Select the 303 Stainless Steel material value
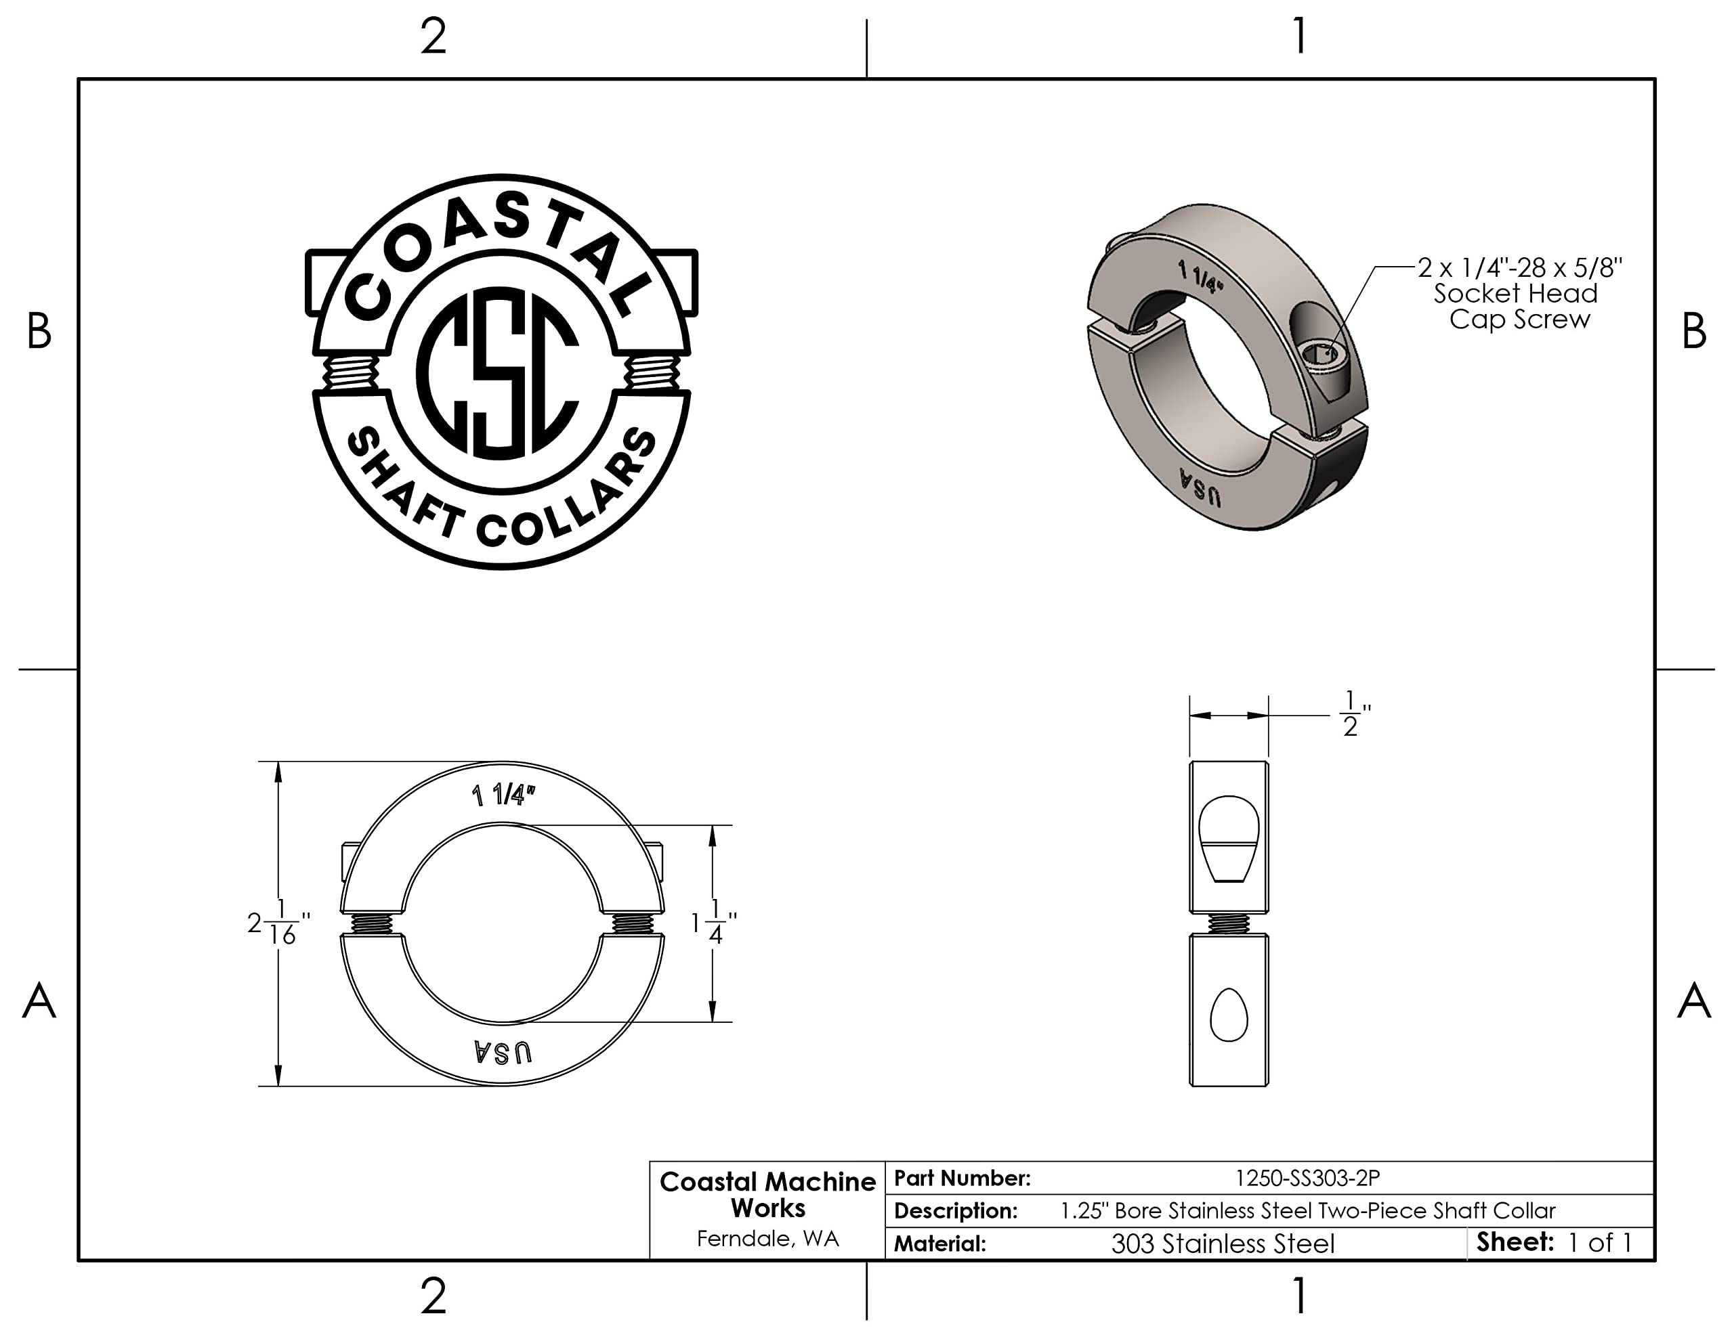pyautogui.click(x=1223, y=1243)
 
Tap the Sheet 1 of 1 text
pyautogui.click(x=1554, y=1242)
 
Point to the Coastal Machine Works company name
pyautogui.click(x=767, y=1195)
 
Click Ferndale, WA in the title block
pyautogui.click(x=767, y=1238)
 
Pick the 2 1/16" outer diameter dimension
pyautogui.click(x=278, y=923)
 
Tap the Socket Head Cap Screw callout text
pyautogui.click(x=1518, y=293)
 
